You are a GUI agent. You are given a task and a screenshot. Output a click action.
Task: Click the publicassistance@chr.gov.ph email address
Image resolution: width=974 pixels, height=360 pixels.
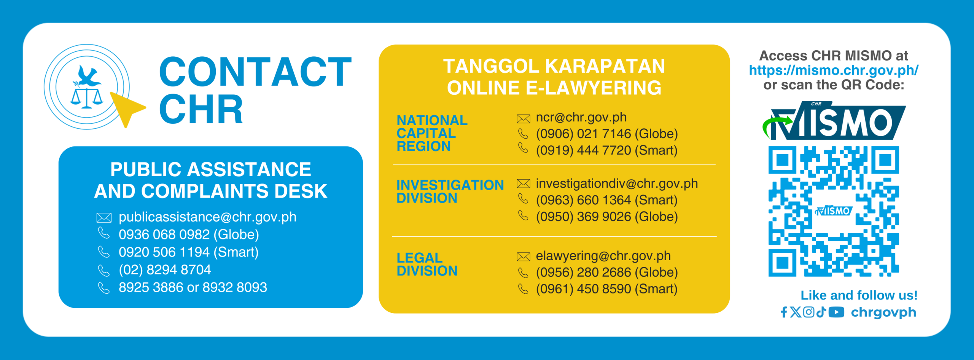pos(207,217)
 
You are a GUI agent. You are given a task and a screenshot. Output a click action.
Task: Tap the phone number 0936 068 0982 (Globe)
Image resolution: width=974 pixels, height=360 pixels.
pos(189,234)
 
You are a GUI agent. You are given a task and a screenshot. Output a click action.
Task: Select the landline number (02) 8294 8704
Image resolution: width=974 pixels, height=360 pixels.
pos(165,270)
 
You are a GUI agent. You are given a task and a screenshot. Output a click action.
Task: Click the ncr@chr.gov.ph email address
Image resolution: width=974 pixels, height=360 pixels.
pos(581,118)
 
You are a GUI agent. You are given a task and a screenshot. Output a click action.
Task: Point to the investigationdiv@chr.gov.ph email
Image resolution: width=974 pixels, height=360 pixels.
pos(617,184)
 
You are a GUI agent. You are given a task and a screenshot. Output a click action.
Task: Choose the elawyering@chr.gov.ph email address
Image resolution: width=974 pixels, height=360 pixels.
pos(603,256)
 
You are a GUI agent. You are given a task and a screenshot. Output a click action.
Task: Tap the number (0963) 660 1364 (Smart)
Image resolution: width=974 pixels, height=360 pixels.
pos(606,200)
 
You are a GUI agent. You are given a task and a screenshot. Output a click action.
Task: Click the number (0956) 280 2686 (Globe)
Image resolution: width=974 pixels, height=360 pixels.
pos(607,272)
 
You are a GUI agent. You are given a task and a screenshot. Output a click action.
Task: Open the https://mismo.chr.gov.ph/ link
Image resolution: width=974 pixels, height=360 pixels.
pos(834,70)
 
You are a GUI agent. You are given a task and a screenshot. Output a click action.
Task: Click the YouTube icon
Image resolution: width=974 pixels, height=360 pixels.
pos(836,312)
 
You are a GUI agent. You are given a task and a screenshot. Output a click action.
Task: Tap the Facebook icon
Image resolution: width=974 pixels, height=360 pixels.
pos(784,312)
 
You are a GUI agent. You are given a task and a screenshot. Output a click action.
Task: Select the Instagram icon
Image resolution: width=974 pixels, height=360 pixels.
pos(808,312)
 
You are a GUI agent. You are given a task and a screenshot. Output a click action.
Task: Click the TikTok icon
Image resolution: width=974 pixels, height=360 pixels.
pos(821,312)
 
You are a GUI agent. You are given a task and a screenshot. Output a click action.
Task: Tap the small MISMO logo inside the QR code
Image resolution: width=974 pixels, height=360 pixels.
pos(834,210)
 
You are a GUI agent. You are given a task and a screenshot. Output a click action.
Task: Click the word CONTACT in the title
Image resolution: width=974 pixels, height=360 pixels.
pos(255,72)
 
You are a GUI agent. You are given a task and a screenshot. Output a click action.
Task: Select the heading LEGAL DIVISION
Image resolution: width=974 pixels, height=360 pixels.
pos(427,264)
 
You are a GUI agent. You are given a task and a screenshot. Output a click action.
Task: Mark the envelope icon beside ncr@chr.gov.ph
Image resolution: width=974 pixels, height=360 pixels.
pos(524,119)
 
